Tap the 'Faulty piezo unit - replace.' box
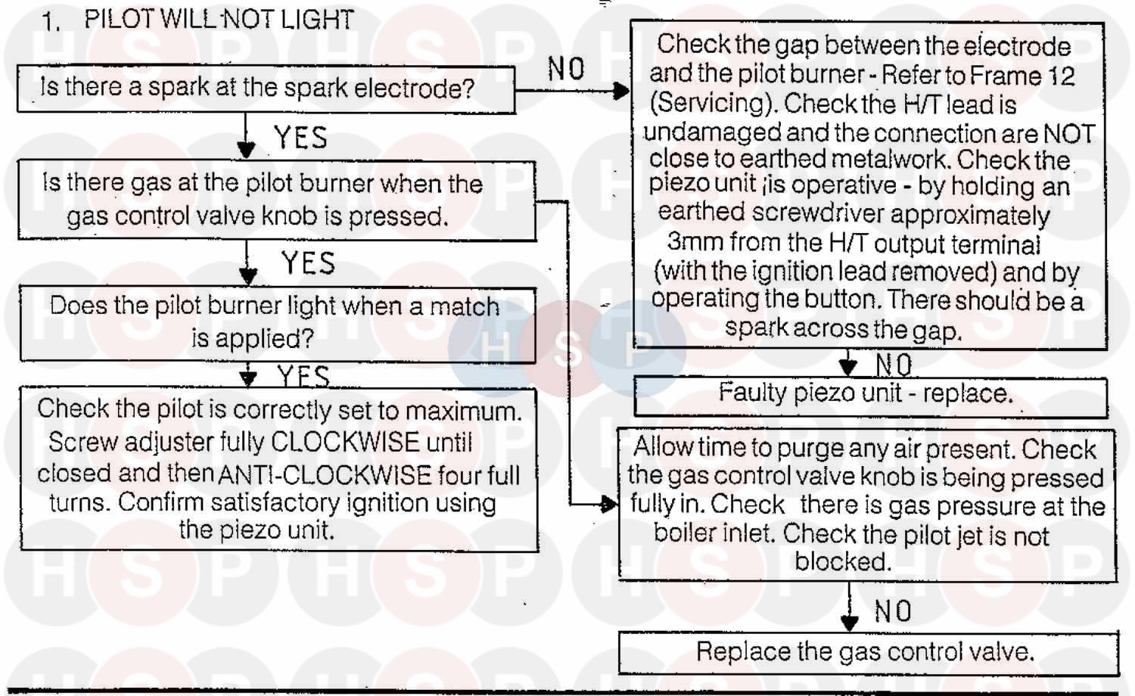869,394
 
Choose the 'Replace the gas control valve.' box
867,652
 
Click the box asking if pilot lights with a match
276,322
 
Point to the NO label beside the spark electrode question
566,70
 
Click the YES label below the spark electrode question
300,138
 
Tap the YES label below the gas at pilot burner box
308,264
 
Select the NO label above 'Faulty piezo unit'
894,365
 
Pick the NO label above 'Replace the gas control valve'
893,611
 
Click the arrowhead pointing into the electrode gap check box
621,92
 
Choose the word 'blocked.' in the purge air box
843,562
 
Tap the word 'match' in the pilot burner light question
465,307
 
